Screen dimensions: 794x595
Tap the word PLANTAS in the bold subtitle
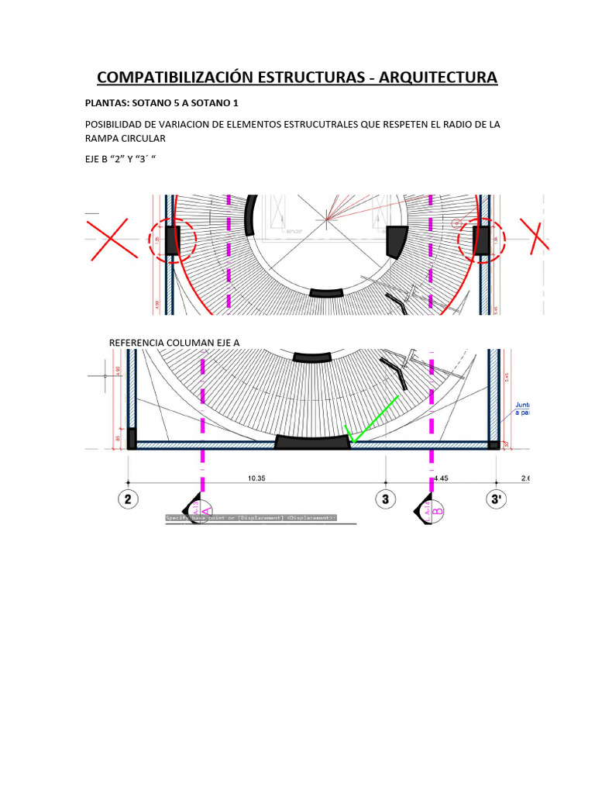pos(105,102)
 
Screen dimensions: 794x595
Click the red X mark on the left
pos(112,240)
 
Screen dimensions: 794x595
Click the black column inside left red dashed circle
pos(172,240)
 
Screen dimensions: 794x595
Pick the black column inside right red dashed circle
pos(481,240)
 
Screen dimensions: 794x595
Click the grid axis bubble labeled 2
pos(128,499)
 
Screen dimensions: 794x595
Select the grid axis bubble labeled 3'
pos(496,499)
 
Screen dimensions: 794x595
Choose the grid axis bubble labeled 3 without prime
pos(385,499)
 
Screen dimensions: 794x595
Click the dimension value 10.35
pos(257,478)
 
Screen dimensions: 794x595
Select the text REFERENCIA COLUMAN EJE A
pos(174,343)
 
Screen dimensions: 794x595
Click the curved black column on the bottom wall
pos(313,442)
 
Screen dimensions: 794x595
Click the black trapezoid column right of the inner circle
pos(397,242)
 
